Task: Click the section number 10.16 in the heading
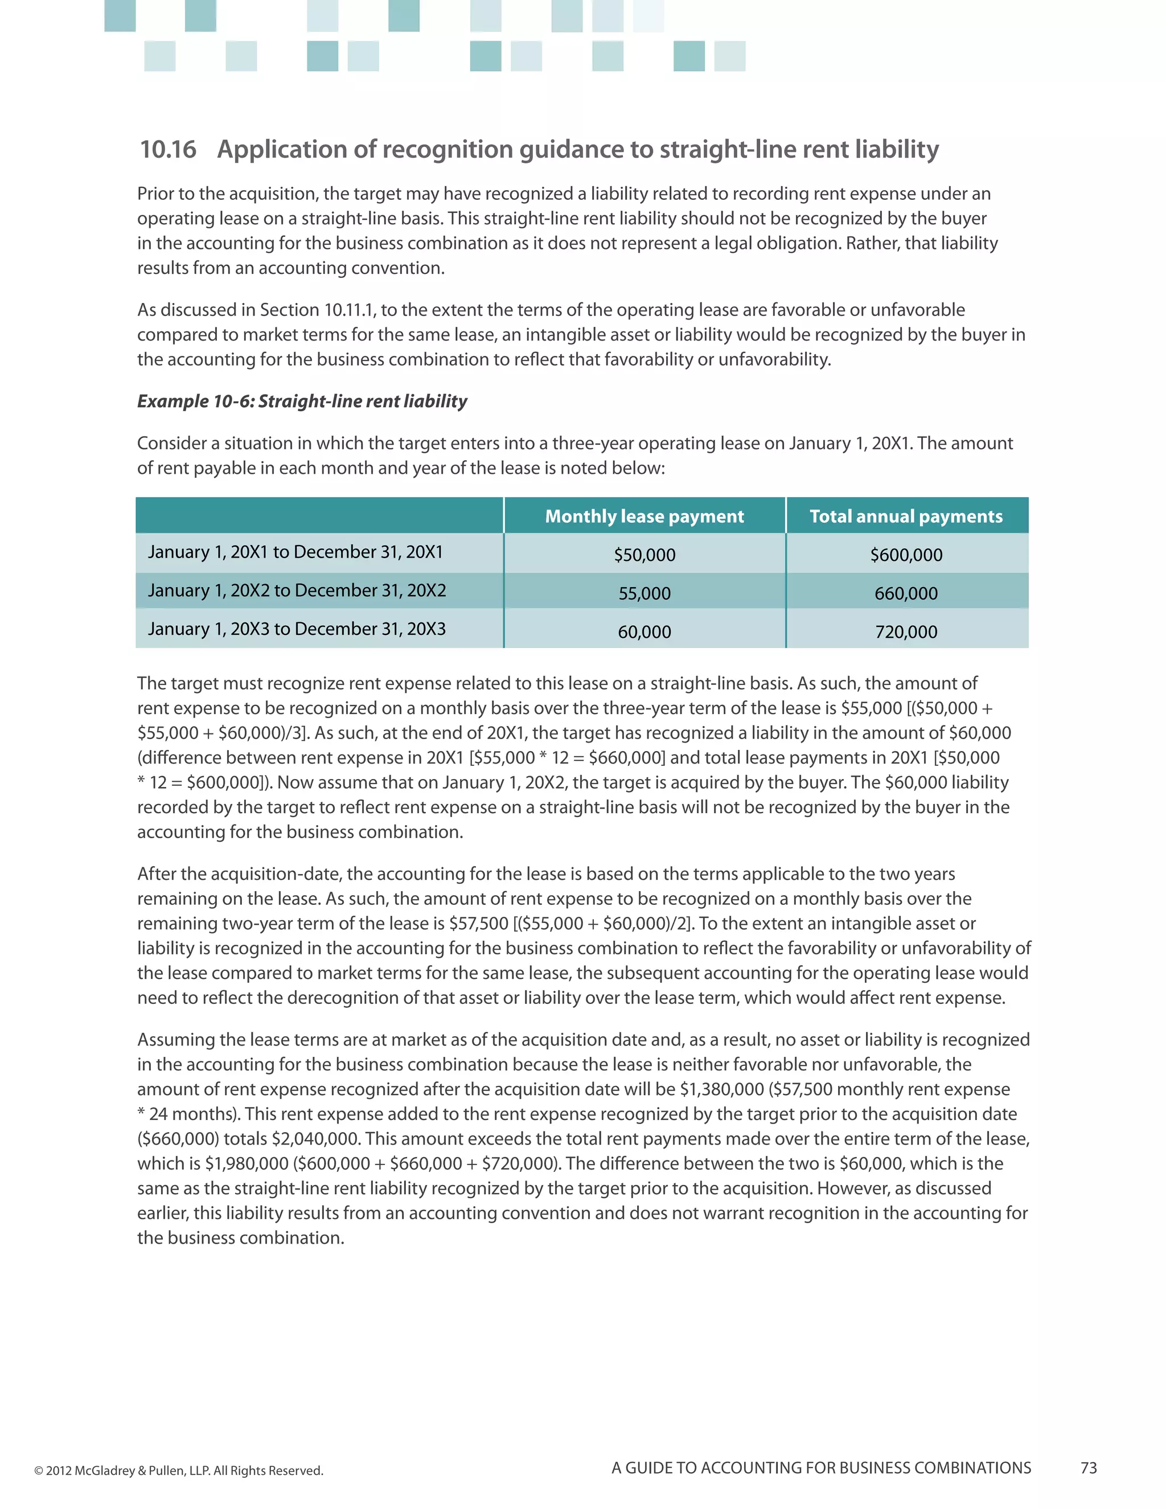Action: coord(168,149)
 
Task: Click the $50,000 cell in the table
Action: coord(644,555)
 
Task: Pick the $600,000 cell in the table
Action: coord(906,555)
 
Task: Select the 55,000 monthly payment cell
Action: coord(644,593)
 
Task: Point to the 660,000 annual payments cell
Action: coord(906,593)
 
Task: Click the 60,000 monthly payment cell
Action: coord(644,632)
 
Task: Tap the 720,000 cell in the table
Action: coord(906,632)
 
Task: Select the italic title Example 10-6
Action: coord(302,401)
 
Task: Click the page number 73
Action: coord(1088,1468)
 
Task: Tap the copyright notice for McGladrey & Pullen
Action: coord(178,1470)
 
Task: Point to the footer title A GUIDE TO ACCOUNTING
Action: coord(820,1468)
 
